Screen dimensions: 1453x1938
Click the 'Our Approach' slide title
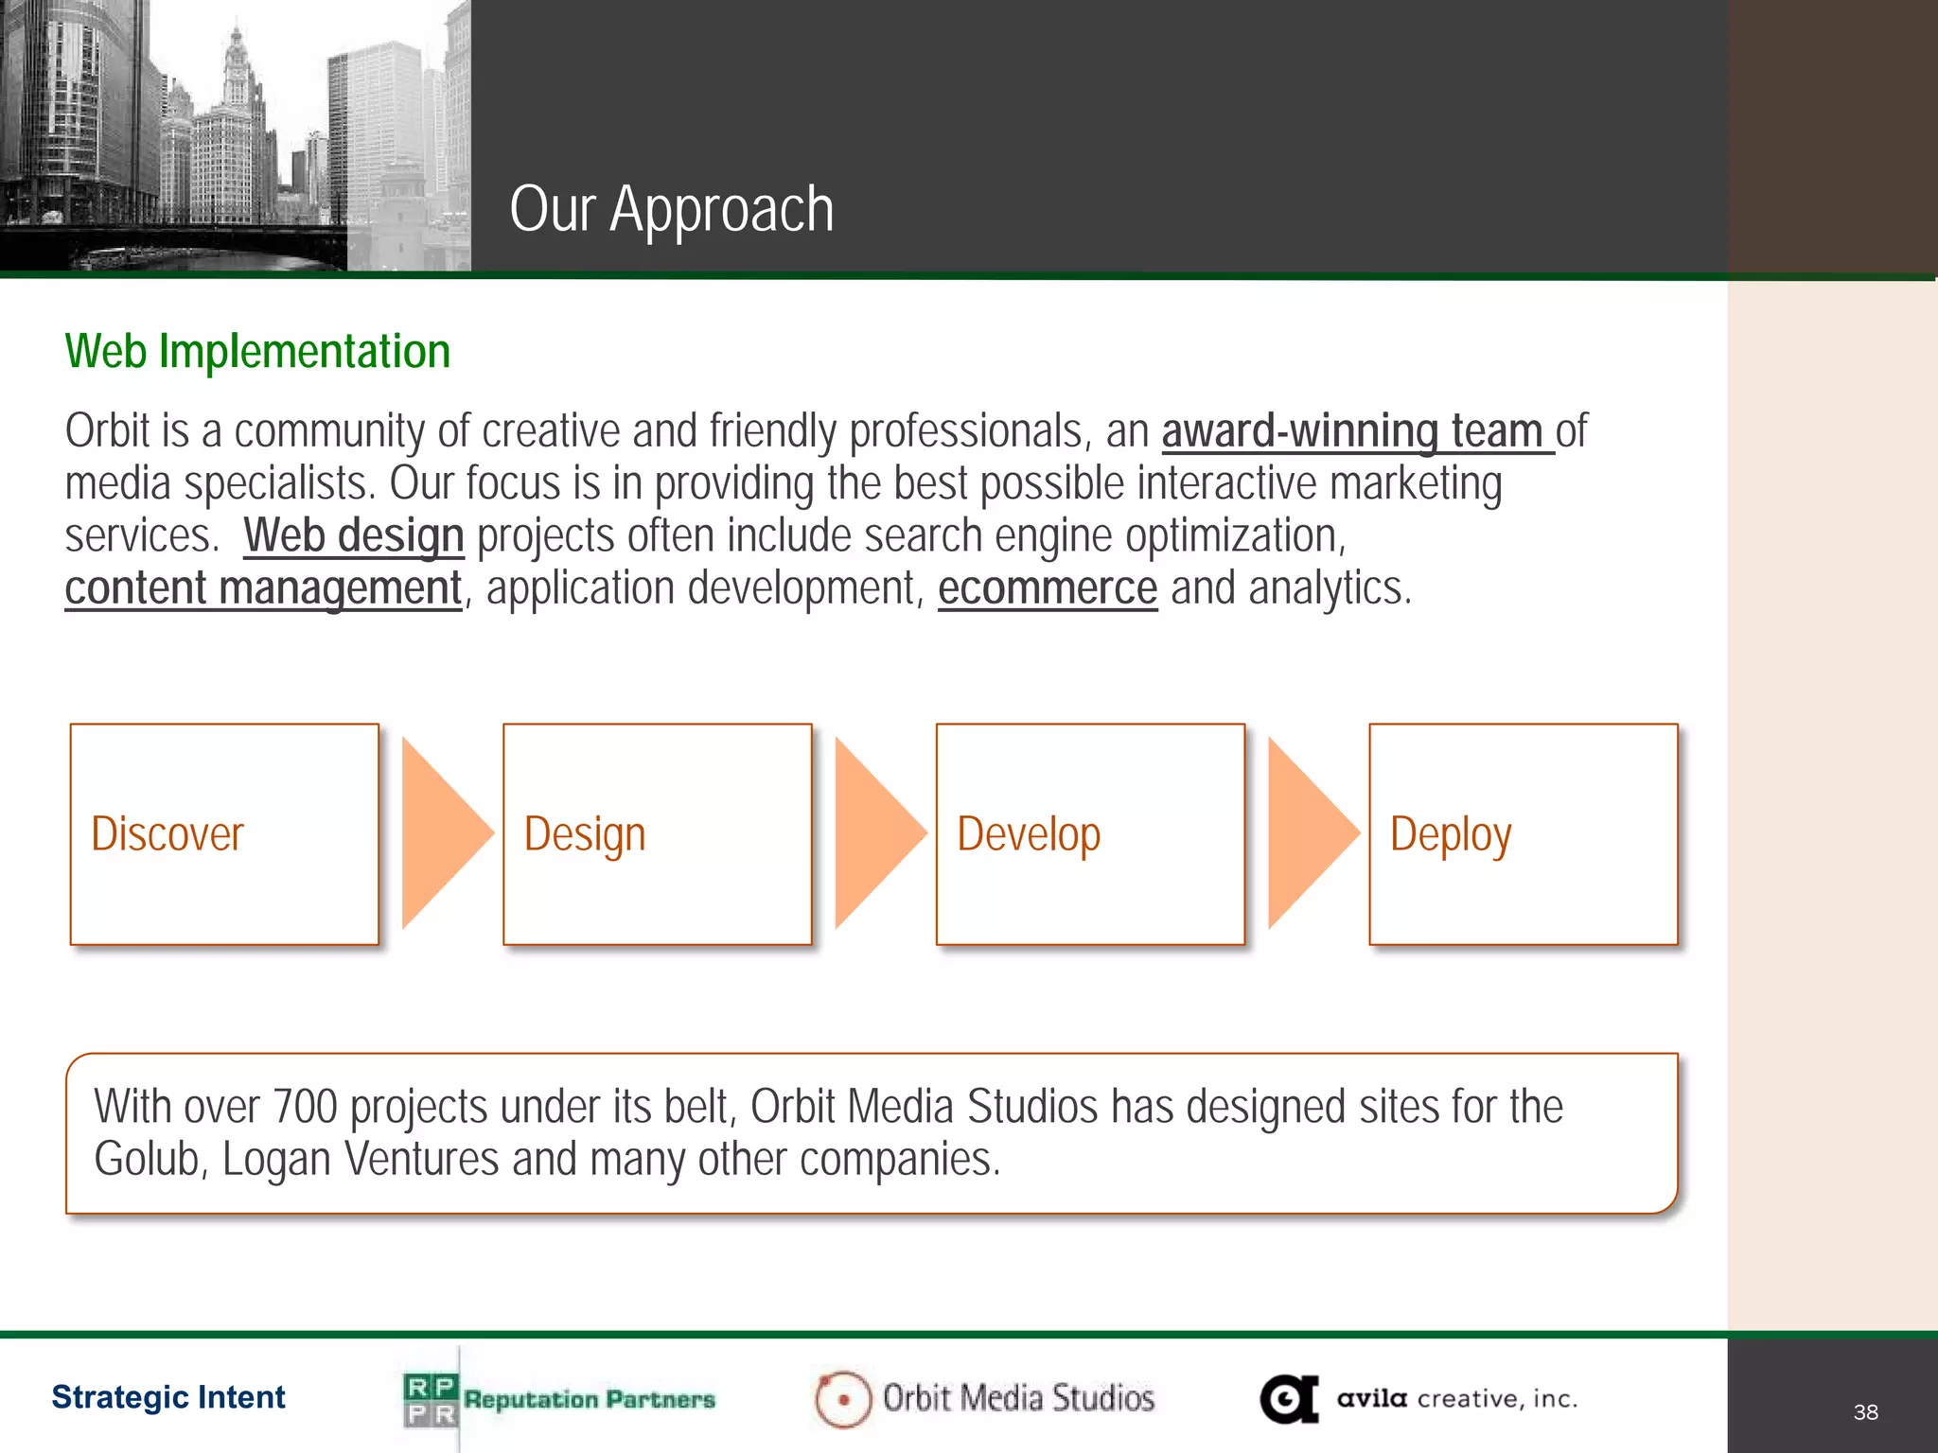click(671, 209)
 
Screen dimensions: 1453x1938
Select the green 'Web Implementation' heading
click(257, 352)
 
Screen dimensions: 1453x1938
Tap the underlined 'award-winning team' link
click(1354, 432)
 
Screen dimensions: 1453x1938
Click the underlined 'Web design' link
click(353, 536)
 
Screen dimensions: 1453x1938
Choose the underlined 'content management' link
click(263, 588)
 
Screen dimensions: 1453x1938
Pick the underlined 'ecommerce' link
click(1047, 588)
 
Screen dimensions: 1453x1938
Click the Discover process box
click(224, 834)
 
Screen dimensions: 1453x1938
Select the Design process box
click(657, 834)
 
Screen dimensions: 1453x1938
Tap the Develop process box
click(1089, 834)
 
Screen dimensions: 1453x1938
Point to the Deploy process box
click(1523, 834)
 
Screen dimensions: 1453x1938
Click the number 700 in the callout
click(305, 1107)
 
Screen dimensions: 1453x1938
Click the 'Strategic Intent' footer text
click(168, 1397)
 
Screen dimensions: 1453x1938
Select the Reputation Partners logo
click(558, 1399)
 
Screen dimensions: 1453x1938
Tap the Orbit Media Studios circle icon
click(842, 1399)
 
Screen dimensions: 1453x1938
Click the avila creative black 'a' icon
click(1289, 1399)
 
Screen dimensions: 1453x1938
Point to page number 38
click(1865, 1412)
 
